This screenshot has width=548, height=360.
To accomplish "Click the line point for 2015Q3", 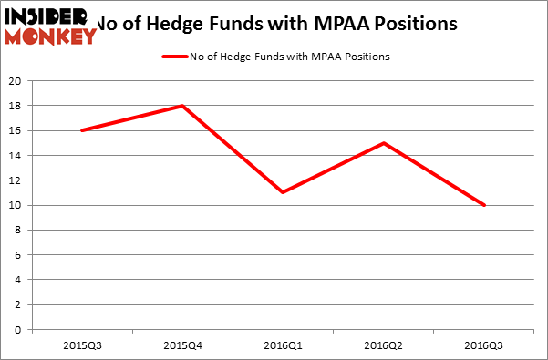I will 82,130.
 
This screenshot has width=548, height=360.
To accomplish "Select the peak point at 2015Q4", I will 182,106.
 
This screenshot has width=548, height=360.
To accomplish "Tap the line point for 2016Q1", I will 283,192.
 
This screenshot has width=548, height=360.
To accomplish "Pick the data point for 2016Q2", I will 383,143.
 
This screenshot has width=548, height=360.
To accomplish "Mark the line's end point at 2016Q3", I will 483,205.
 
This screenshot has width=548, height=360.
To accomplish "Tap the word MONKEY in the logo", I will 51,36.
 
